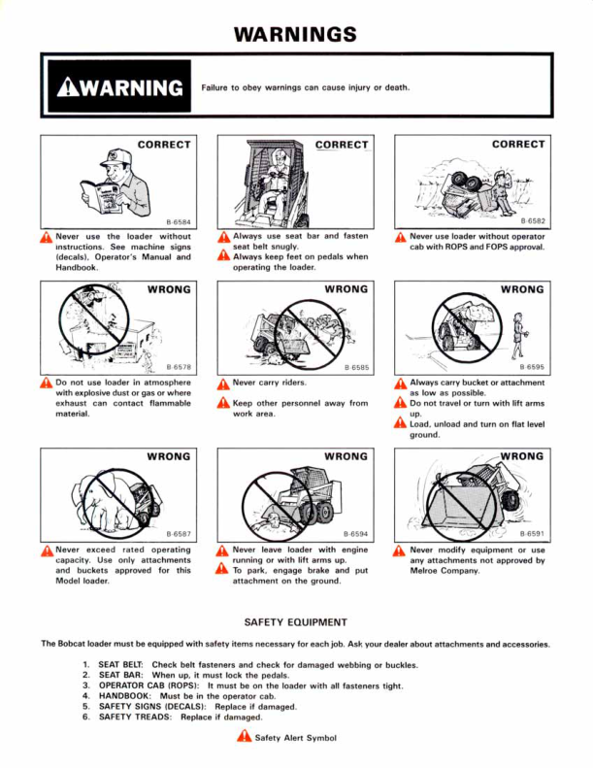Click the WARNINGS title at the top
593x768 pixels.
coord(295,34)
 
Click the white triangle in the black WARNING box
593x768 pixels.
coord(68,87)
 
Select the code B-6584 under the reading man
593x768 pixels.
coord(179,222)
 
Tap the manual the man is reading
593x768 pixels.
coord(102,197)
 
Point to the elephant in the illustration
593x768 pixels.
coord(100,500)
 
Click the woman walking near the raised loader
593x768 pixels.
coord(518,336)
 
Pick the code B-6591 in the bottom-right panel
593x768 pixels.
coord(532,534)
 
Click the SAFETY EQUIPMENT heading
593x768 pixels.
coord(296,622)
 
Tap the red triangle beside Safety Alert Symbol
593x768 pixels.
coord(244,736)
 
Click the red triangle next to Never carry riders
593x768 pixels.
coord(223,384)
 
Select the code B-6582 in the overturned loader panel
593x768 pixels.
coord(533,221)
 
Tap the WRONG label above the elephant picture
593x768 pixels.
coord(169,456)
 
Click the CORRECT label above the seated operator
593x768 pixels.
coord(342,145)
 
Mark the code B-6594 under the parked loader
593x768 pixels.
coord(355,534)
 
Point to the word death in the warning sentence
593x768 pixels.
coord(397,87)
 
